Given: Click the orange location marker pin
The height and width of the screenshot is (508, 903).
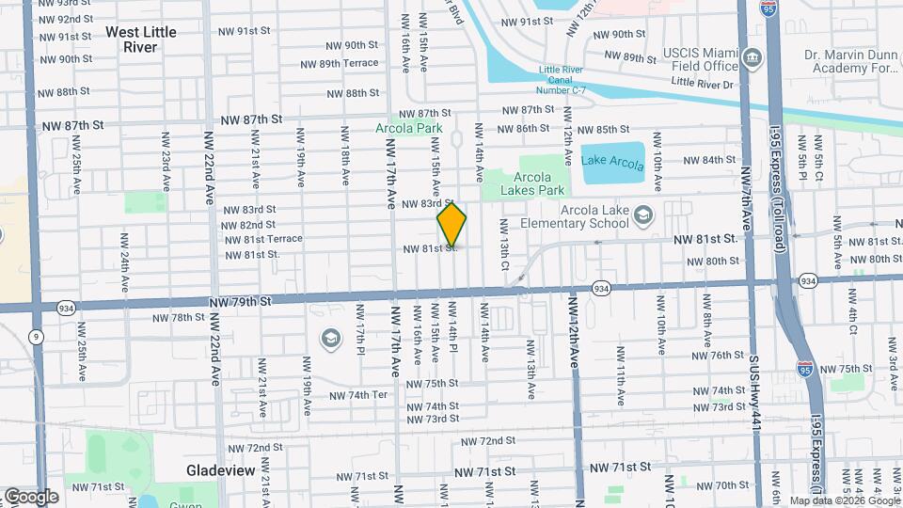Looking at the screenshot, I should [x=452, y=225].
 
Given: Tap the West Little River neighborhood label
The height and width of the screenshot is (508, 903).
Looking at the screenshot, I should [x=140, y=39].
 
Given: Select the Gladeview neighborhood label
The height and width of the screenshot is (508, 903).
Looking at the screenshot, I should [x=215, y=468].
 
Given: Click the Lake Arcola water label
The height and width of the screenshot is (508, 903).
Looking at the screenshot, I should [x=612, y=160].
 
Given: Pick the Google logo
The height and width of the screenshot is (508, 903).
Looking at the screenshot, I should [x=31, y=496].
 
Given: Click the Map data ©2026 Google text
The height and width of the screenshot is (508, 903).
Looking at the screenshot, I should [x=845, y=500].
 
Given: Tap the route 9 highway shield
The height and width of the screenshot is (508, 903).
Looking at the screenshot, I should [x=36, y=335].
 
